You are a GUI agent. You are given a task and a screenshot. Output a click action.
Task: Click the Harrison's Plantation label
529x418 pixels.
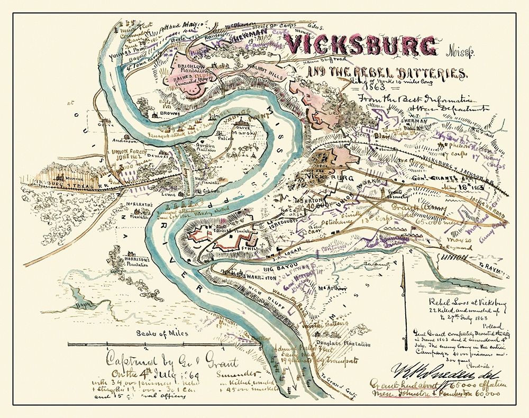point(134,260)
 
